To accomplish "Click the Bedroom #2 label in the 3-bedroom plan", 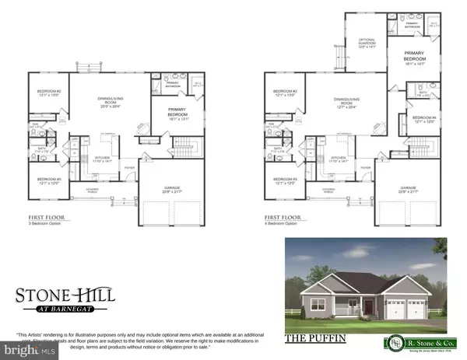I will click(49, 93).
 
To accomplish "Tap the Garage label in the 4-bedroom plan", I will click(408, 189).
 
